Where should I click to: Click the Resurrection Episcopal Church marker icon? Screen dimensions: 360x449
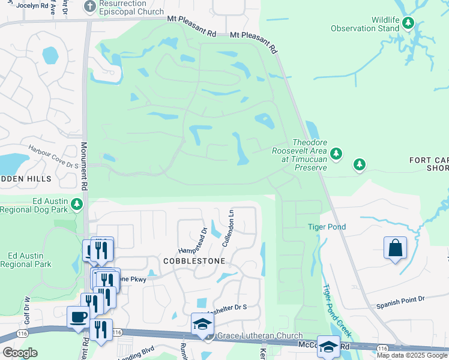(90, 7)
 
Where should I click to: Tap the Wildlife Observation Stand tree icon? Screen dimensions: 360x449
(408, 23)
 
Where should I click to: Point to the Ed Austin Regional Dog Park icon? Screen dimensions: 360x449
(76, 205)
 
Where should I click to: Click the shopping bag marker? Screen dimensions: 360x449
(395, 248)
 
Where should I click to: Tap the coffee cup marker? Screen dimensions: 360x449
(79, 317)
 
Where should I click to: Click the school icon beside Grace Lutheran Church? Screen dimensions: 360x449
(203, 325)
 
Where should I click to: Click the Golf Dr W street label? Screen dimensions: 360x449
(26, 305)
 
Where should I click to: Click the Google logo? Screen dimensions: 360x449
(20, 352)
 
